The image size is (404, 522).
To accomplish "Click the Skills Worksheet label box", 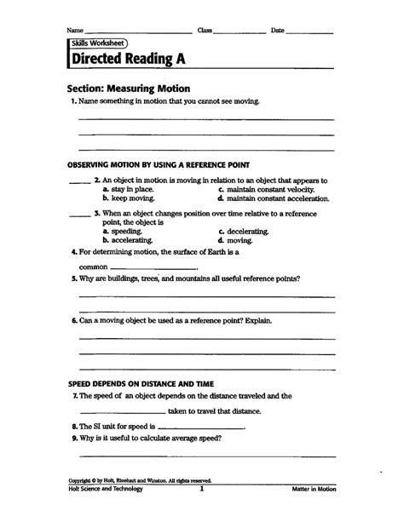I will [93, 42].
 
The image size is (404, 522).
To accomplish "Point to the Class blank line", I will [240, 32].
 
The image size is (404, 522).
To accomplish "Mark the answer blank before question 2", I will [79, 181].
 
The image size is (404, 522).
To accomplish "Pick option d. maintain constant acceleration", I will [273, 198].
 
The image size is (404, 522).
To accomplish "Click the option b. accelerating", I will [130, 240].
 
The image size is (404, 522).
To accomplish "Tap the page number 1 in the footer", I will [201, 490].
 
